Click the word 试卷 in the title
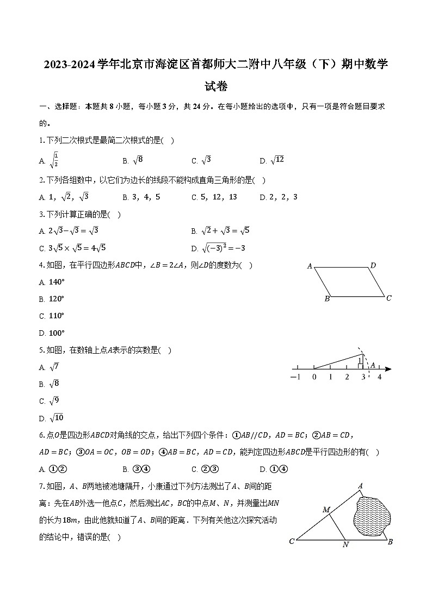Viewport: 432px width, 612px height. click(x=216, y=86)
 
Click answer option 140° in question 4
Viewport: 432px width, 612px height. click(x=57, y=282)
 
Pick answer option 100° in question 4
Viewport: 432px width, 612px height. click(x=57, y=333)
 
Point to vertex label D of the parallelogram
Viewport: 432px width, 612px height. click(x=373, y=266)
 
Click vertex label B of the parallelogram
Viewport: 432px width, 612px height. click(x=327, y=299)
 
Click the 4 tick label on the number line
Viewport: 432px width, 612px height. click(x=380, y=377)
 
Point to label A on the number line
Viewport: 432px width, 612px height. click(x=373, y=365)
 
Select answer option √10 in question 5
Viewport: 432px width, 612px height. click(x=57, y=418)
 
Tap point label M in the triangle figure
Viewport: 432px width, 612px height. click(x=326, y=510)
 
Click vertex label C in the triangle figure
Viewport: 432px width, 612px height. click(x=292, y=541)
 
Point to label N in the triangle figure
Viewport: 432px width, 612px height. click(x=345, y=545)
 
